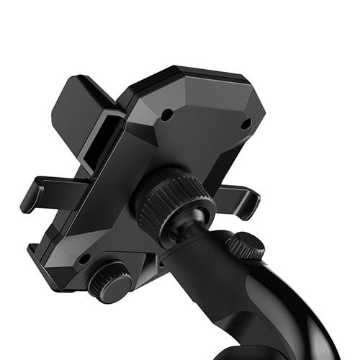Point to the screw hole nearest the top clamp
(x=166, y=114)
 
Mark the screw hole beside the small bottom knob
(x=85, y=258)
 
